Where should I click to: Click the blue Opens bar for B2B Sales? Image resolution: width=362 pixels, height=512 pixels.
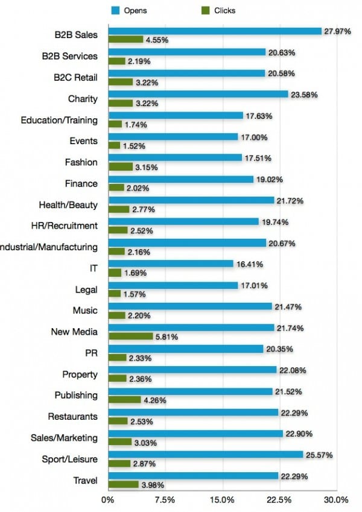point(214,31)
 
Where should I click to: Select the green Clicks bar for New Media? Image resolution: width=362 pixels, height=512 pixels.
point(130,337)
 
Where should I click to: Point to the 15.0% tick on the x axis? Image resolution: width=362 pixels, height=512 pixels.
point(222,500)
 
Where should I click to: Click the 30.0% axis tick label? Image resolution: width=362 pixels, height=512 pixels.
point(335,500)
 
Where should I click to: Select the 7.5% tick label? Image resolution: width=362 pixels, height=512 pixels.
point(165,500)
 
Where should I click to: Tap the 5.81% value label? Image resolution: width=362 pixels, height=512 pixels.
point(166,337)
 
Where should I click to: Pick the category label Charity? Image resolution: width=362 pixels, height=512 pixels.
point(83,99)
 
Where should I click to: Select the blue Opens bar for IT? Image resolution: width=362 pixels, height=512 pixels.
point(170,264)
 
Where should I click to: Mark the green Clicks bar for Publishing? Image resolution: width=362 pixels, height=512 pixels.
point(124,400)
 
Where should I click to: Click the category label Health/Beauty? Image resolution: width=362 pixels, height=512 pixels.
point(68,204)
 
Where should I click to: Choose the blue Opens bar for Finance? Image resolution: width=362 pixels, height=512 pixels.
point(180,179)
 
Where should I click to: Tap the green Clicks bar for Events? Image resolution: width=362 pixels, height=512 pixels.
point(114,145)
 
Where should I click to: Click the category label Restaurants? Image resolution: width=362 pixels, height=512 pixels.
point(72,417)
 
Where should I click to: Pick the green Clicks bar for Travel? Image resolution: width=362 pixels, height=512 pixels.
point(123,484)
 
